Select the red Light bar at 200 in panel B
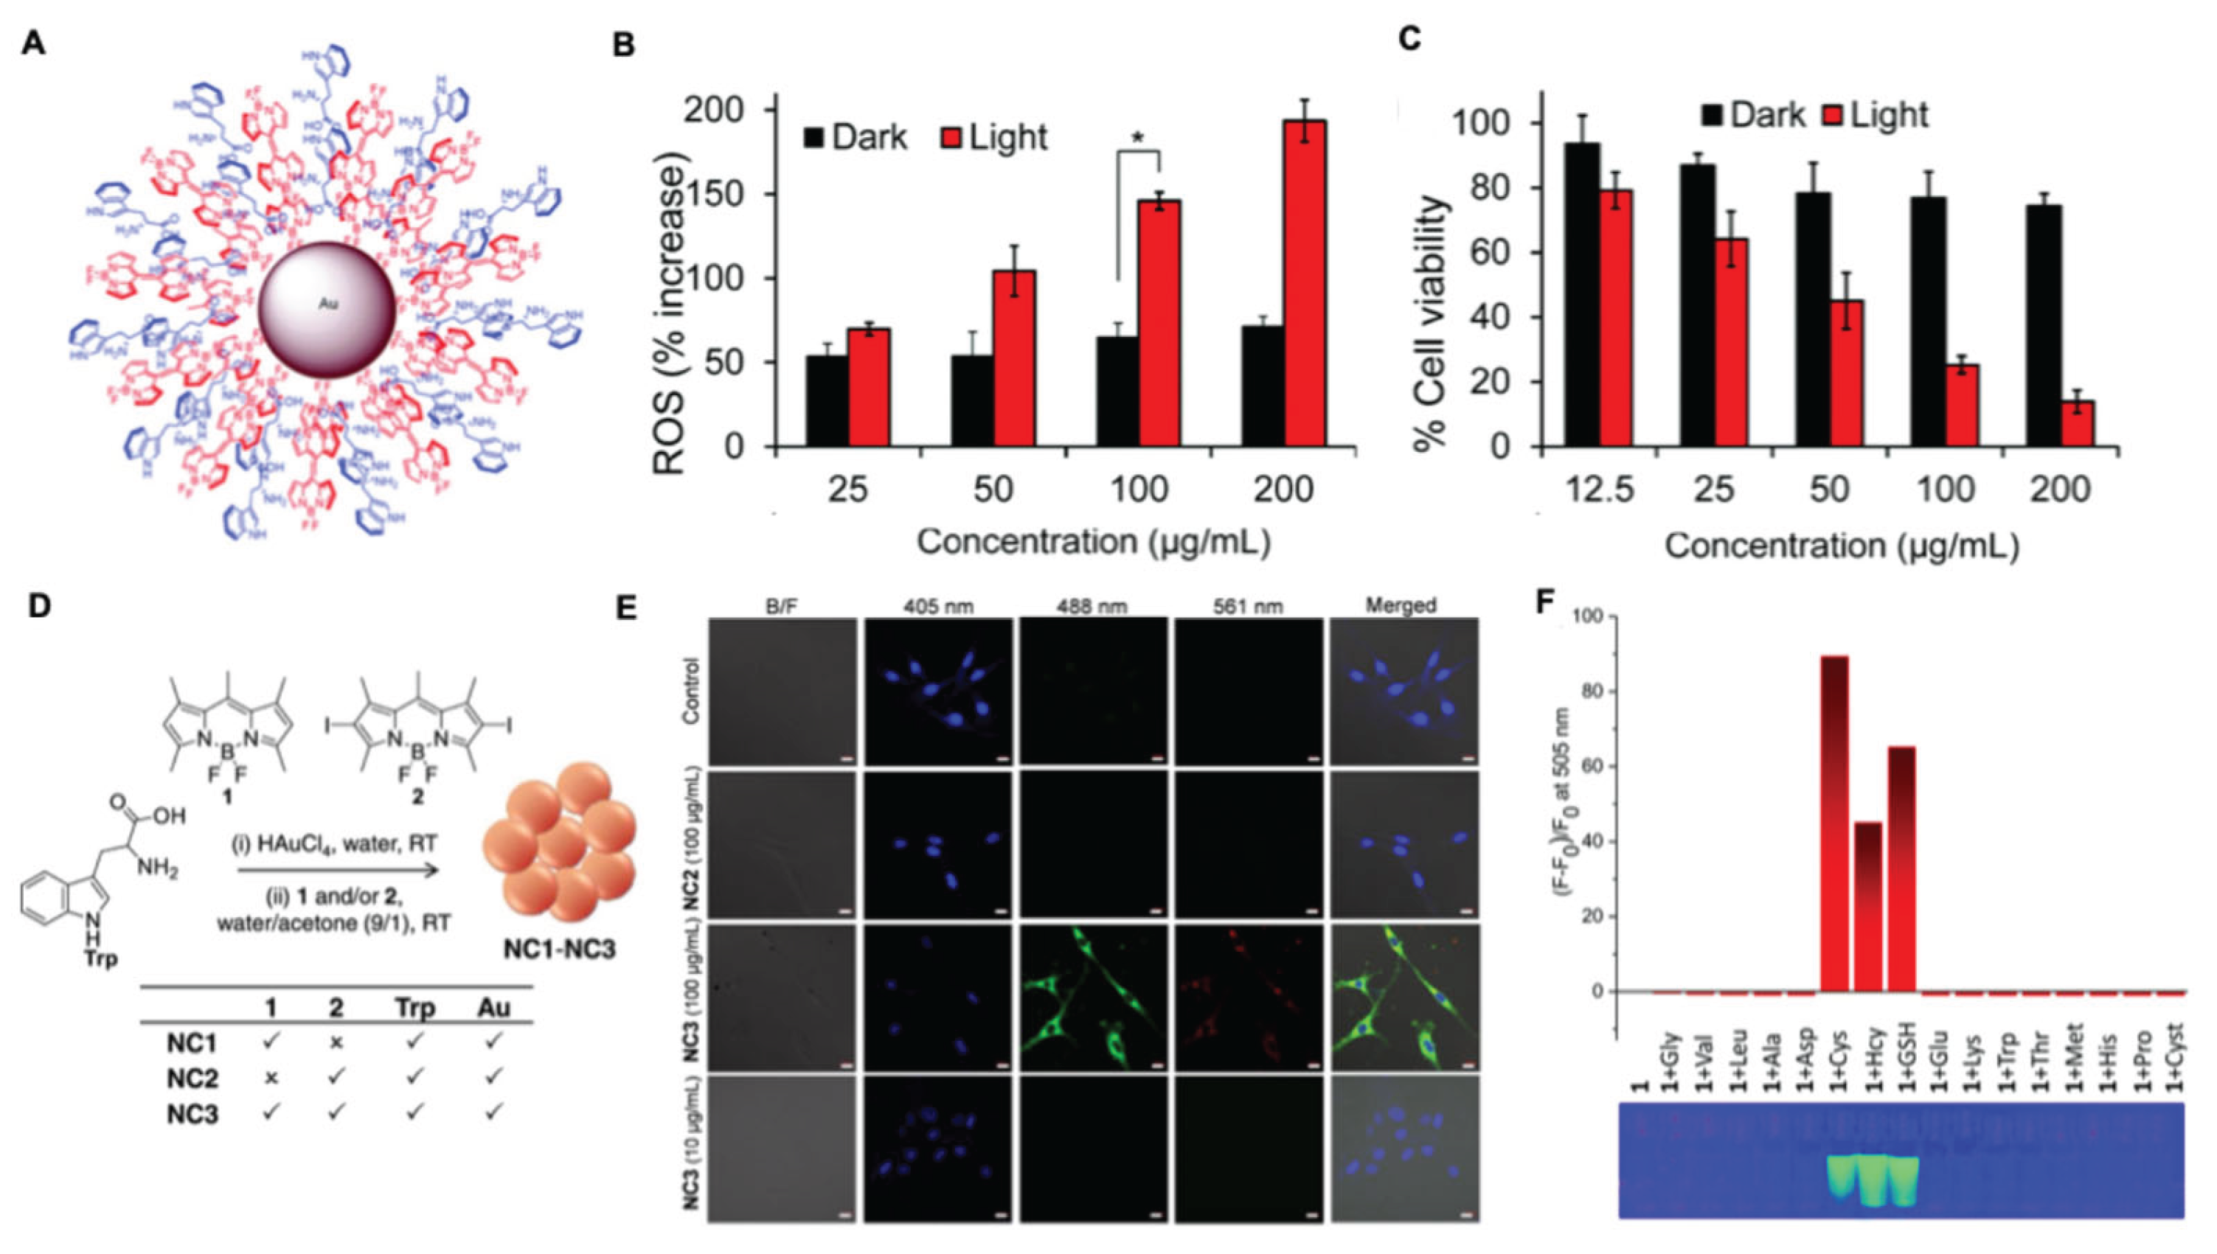[x=1302, y=285]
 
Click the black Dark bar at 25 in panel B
[x=825, y=400]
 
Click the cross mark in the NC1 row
[x=337, y=1042]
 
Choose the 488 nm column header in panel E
[x=1091, y=606]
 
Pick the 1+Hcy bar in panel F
[x=1868, y=905]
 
